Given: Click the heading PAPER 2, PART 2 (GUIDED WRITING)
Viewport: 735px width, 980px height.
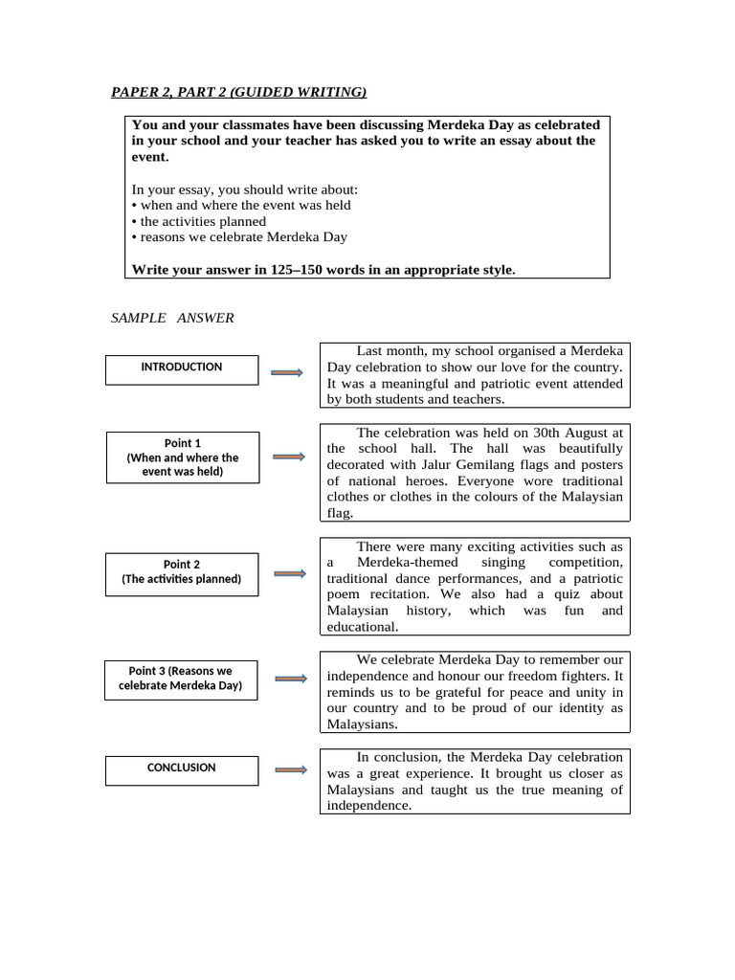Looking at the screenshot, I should [238, 92].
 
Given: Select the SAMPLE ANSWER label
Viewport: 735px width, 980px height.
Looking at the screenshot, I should [172, 318].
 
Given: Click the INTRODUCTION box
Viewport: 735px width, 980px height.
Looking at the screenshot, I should [181, 368].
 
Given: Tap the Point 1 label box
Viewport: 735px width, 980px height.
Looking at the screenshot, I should [182, 457].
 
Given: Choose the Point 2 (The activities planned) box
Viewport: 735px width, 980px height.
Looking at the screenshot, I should [181, 572].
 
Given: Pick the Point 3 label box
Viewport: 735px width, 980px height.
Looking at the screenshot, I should [180, 679].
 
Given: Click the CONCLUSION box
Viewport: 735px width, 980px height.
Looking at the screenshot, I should [181, 768].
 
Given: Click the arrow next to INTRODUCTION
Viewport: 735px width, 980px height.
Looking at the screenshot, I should [288, 372].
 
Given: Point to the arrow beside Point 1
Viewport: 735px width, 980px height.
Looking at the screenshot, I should [288, 457].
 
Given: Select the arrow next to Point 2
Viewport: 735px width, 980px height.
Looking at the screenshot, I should [289, 573].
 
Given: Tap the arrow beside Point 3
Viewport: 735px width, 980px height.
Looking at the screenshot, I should [291, 679].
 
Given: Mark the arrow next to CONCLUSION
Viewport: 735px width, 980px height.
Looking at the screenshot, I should [290, 769].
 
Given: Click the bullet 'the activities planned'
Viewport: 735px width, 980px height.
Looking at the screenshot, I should [199, 221].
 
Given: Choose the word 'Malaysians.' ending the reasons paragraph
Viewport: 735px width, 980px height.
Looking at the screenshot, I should [362, 724].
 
